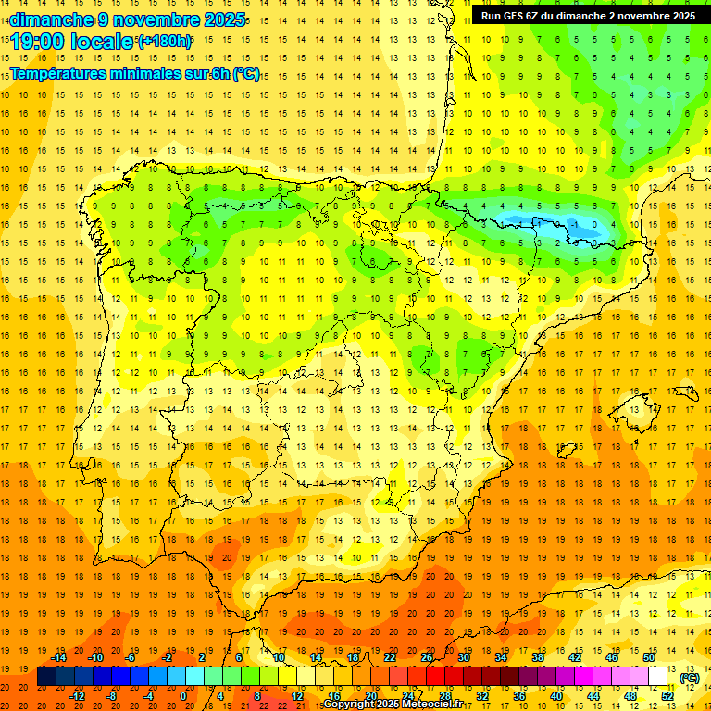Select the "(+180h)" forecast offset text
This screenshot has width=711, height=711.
[165, 42]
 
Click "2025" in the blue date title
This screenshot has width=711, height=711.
[222, 19]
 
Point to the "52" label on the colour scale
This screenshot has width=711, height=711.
[667, 696]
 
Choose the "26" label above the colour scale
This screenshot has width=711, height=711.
[427, 657]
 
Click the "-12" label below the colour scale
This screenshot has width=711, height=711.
[77, 696]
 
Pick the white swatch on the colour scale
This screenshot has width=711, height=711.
[658, 677]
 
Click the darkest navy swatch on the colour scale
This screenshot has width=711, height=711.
[47, 677]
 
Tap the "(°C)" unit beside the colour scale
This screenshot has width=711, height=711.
[690, 678]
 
